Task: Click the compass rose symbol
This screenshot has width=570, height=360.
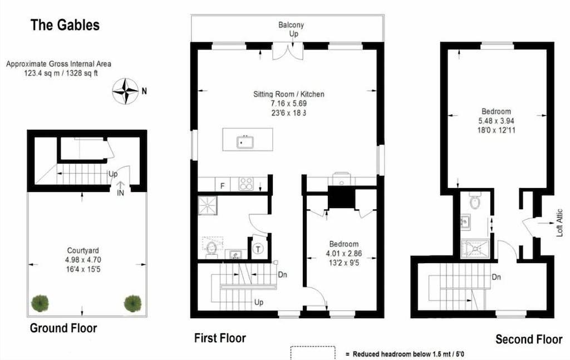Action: click(125, 91)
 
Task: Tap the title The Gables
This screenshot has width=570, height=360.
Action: click(65, 25)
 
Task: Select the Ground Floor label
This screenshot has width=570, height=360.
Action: click(63, 328)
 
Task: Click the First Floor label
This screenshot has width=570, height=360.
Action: click(220, 338)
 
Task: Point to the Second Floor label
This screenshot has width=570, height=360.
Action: click(529, 339)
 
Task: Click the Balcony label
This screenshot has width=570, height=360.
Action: click(291, 25)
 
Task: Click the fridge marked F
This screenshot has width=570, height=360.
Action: click(222, 185)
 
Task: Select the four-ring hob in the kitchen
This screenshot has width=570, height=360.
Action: click(246, 184)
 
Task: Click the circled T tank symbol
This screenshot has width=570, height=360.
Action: click(258, 249)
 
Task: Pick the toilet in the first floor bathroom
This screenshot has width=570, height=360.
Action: click(212, 248)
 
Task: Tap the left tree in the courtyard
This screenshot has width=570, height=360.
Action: click(40, 303)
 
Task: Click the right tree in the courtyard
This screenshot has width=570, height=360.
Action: click(132, 303)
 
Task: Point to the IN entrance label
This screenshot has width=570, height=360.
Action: click(121, 193)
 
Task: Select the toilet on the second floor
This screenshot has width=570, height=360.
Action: click(475, 201)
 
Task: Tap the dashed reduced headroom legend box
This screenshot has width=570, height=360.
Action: click(313, 353)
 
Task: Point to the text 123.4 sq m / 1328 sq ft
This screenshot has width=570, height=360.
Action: click(58, 73)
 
